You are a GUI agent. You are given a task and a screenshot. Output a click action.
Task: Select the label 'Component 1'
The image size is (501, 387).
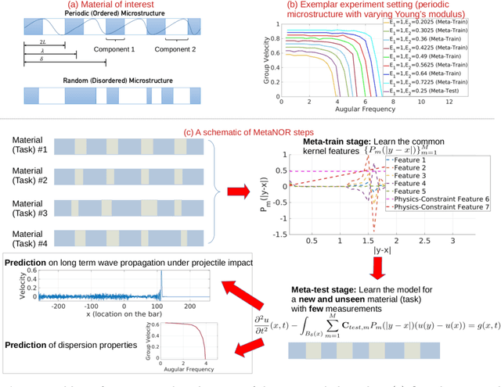tap(116, 48)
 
